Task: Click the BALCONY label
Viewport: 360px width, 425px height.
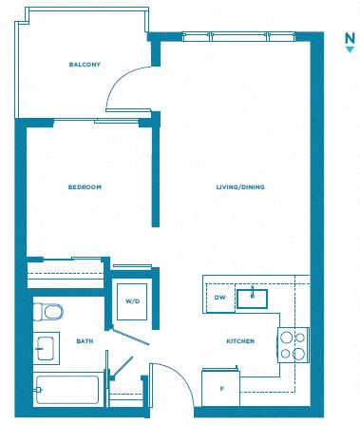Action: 85,65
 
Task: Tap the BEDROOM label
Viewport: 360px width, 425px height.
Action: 85,187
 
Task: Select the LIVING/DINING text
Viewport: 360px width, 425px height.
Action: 240,187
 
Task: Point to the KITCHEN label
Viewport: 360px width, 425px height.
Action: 240,341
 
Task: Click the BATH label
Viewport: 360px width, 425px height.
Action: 85,341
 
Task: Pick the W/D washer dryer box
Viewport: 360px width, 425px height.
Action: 132,301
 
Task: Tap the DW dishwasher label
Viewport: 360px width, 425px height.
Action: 219,298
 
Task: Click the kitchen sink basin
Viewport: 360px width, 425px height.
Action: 253,299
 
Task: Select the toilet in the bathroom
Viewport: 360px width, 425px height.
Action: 48,312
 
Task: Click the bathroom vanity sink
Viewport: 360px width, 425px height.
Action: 46,348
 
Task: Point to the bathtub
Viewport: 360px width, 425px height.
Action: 67,390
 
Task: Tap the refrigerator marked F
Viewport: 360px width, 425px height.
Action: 220,388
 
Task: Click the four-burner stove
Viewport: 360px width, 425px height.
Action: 294,345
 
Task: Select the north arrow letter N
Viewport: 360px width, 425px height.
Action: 350,39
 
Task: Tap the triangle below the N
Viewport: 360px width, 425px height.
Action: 350,49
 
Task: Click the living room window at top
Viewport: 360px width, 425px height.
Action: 239,36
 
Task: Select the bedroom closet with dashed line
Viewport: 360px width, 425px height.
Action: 66,274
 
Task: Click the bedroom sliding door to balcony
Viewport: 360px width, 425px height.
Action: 97,121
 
